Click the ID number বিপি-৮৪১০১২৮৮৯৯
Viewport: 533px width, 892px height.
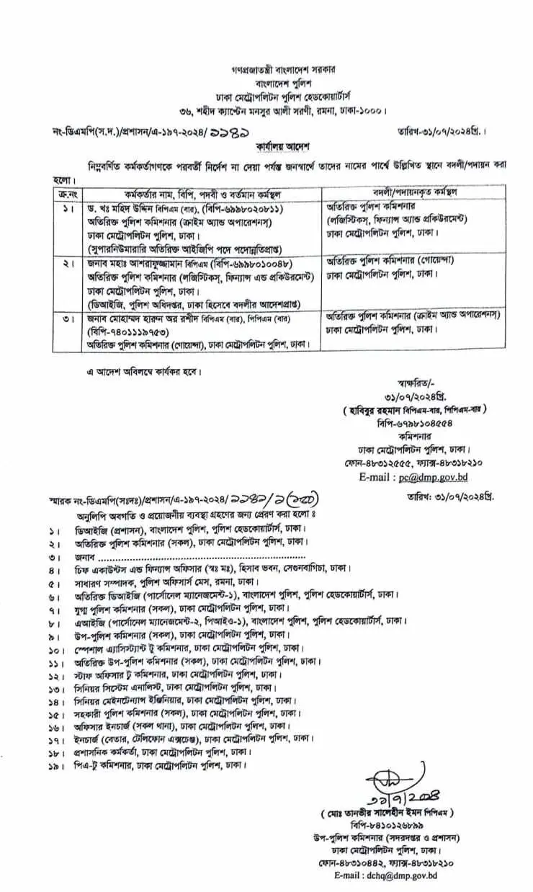coord(395,825)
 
